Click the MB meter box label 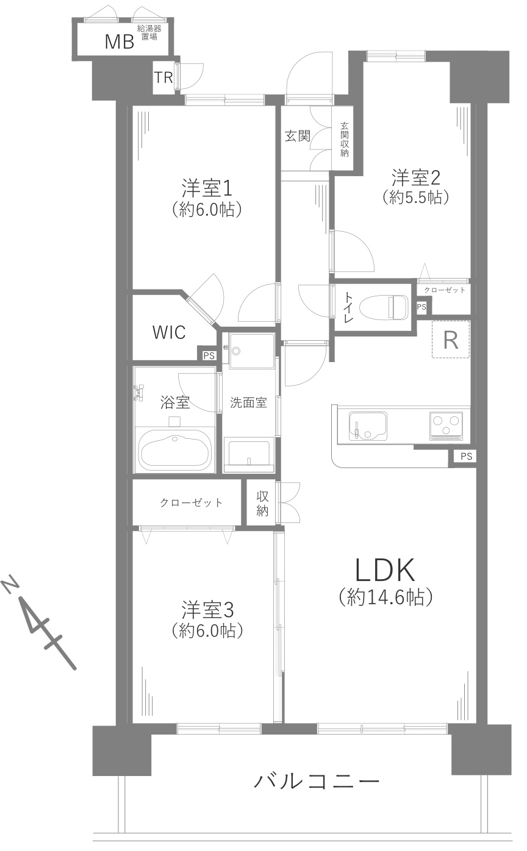pos(120,41)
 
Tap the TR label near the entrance pos(163,77)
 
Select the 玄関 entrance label pos(297,136)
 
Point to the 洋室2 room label pos(416,178)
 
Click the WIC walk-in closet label pos(169,332)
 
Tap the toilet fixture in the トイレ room pos(384,307)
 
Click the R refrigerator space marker pos(451,340)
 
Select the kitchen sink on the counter pos(368,425)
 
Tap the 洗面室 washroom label pos(248,403)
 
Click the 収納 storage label pos(262,504)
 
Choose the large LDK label pos(385,571)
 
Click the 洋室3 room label pos(207,609)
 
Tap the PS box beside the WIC pos(209,355)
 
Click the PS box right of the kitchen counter pos(466,456)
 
